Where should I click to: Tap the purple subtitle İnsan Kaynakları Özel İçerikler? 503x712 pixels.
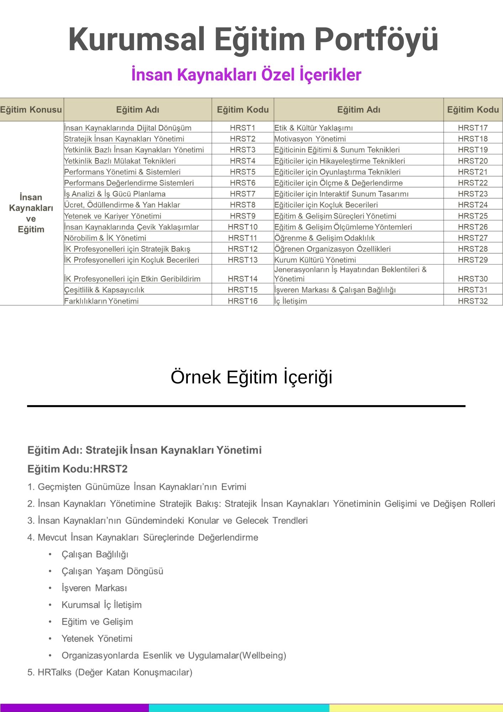[x=246, y=75]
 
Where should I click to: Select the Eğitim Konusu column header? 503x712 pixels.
[x=31, y=110]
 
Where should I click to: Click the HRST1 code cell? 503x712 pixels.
[x=243, y=128]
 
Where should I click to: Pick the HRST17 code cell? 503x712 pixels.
[x=472, y=128]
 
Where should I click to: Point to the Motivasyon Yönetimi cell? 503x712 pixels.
[x=310, y=139]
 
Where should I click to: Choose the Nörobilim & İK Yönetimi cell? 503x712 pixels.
[x=105, y=238]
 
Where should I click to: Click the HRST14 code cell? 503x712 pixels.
[x=243, y=279]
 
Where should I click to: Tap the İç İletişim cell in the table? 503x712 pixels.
[x=291, y=301]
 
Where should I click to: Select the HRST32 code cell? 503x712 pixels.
[x=472, y=301]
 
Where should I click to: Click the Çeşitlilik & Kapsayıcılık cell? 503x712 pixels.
[x=104, y=290]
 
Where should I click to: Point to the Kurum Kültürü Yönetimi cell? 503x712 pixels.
[x=315, y=260]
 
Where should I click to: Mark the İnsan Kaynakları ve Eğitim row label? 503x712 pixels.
[x=31, y=213]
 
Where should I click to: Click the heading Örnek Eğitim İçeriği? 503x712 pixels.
[x=251, y=377]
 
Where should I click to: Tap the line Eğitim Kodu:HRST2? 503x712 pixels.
[x=78, y=469]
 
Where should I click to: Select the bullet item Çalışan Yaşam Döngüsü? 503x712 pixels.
[x=112, y=571]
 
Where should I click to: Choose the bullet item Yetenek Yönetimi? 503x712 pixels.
[x=97, y=638]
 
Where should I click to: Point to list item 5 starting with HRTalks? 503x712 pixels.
[x=110, y=672]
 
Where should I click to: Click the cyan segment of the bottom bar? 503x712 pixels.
[x=239, y=708]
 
